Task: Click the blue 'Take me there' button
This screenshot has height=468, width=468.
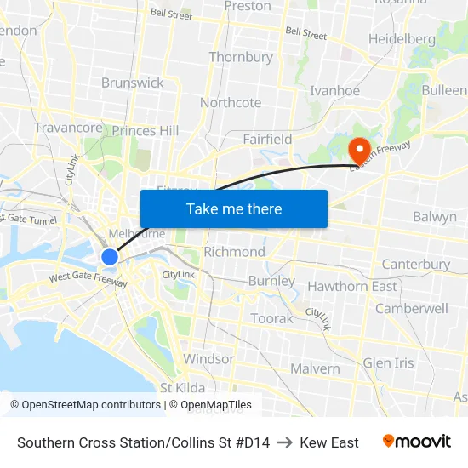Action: pyautogui.click(x=233, y=209)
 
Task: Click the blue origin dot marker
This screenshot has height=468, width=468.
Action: pyautogui.click(x=110, y=256)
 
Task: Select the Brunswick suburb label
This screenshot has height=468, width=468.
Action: pyautogui.click(x=132, y=83)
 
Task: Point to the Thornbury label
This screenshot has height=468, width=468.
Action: pyautogui.click(x=241, y=57)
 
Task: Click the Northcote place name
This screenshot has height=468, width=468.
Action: pyautogui.click(x=231, y=103)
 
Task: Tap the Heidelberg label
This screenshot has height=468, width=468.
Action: pyautogui.click(x=402, y=39)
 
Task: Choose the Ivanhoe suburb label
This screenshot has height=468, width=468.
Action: pyautogui.click(x=335, y=91)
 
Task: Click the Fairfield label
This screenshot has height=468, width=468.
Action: pyautogui.click(x=267, y=139)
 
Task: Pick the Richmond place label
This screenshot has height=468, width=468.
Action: pyautogui.click(x=234, y=252)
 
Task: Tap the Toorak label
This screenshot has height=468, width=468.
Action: pyautogui.click(x=271, y=318)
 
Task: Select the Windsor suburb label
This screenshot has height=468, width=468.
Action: pyautogui.click(x=208, y=359)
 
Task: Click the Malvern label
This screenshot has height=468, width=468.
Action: pyautogui.click(x=315, y=368)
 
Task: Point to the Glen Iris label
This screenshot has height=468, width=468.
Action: pyautogui.click(x=388, y=362)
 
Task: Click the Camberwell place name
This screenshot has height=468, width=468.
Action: pyautogui.click(x=411, y=308)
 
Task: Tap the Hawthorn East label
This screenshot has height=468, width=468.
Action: pyautogui.click(x=352, y=286)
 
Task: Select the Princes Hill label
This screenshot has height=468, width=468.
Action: pyautogui.click(x=146, y=131)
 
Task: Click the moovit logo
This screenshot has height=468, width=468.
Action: pyautogui.click(x=417, y=442)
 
